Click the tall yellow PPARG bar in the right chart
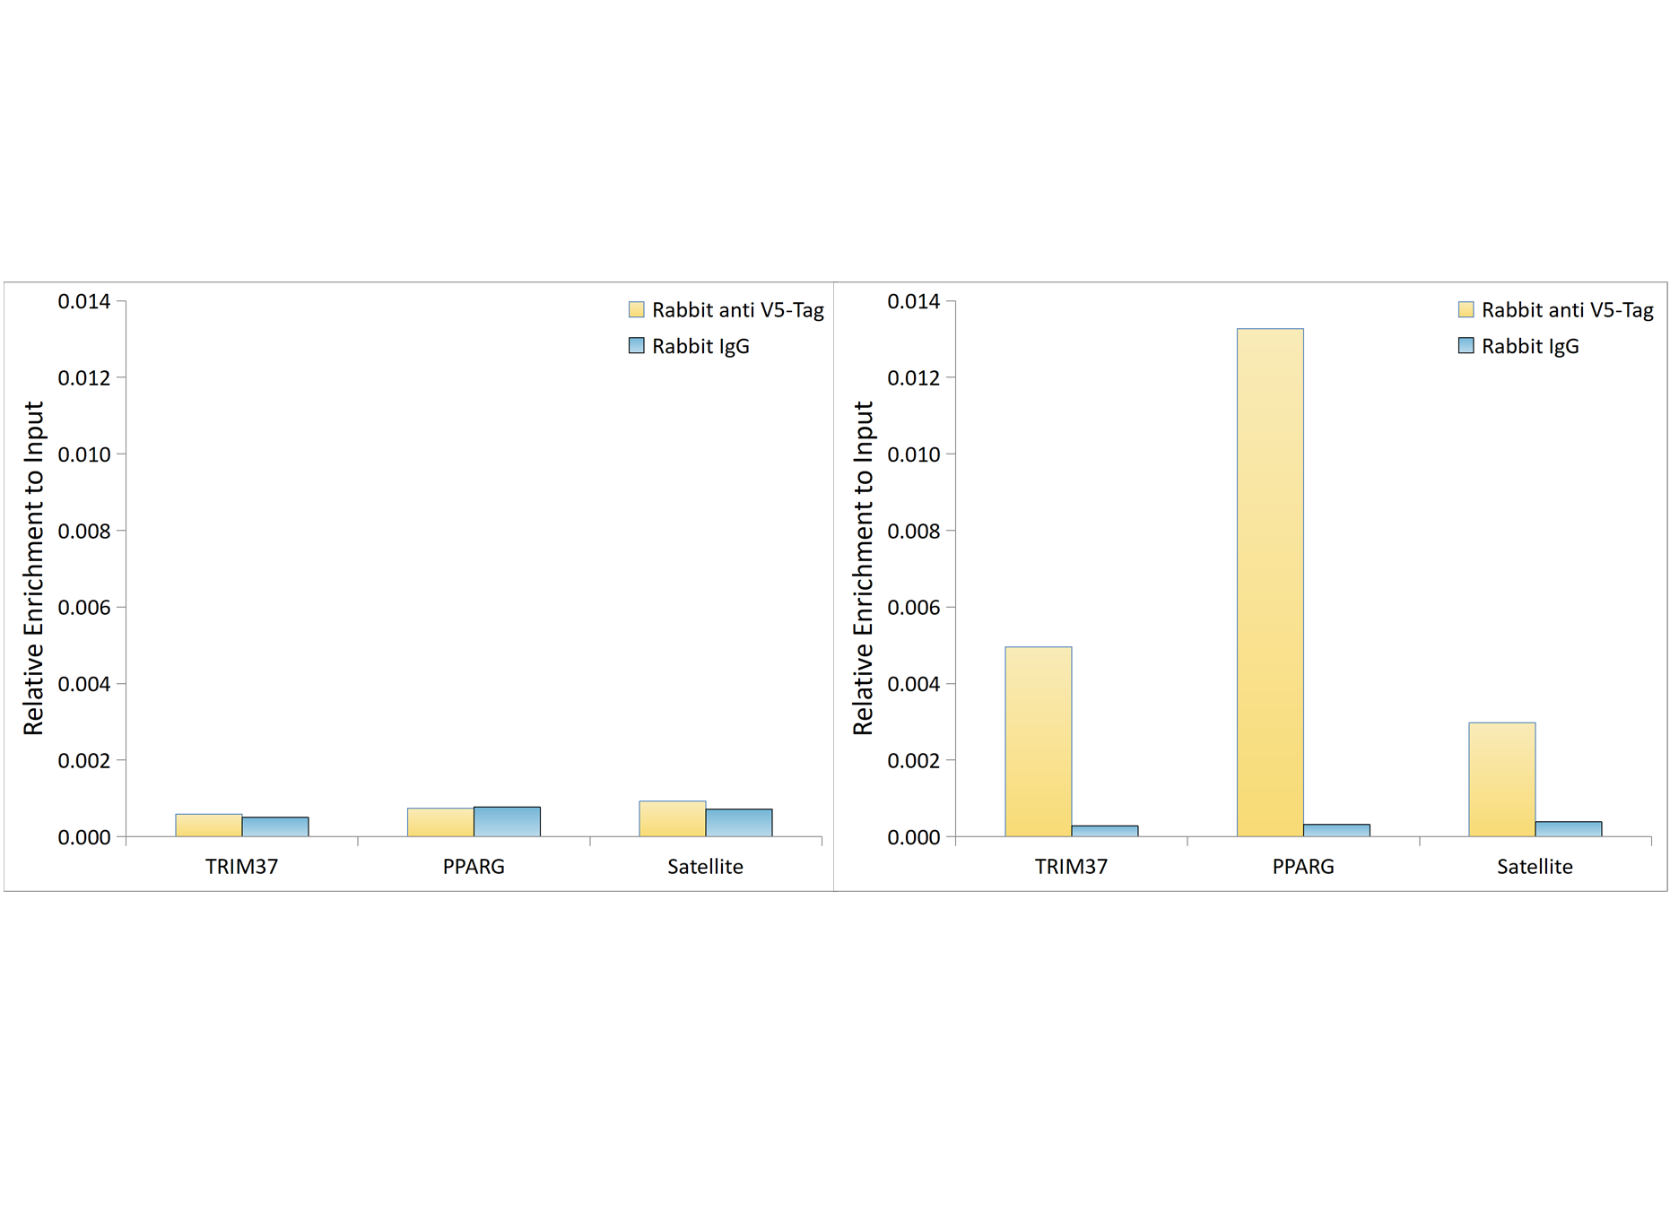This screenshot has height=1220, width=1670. (1269, 583)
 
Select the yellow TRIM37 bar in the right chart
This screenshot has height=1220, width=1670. (1038, 741)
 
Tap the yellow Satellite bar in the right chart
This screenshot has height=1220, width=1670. (1501, 779)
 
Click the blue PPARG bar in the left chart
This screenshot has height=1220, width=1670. (507, 822)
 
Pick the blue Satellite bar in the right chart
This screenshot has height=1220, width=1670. (1568, 829)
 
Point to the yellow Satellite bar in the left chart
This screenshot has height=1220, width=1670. (672, 819)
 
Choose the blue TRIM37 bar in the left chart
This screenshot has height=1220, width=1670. (275, 826)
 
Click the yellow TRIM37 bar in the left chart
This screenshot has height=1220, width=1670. (208, 826)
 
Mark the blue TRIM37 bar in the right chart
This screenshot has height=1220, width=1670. (1104, 831)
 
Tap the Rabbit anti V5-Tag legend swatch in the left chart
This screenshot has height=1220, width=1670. (637, 310)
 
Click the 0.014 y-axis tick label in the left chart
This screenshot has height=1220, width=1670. (84, 301)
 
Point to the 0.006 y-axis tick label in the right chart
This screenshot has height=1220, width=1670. (913, 608)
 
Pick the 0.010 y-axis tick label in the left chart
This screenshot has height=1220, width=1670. (84, 454)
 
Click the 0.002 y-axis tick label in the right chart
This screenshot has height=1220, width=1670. (913, 761)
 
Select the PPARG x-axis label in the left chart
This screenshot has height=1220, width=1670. (474, 867)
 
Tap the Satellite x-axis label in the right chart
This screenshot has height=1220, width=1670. (1535, 867)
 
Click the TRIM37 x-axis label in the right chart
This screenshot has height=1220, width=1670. (1071, 867)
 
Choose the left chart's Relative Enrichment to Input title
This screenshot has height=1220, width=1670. (33, 568)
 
